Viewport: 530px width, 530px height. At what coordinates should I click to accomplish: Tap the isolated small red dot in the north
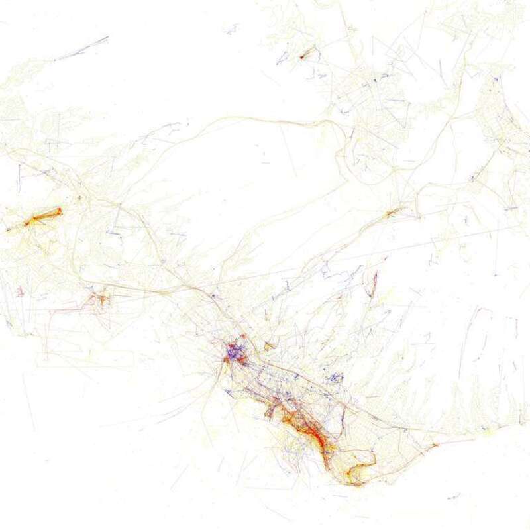tap(302, 56)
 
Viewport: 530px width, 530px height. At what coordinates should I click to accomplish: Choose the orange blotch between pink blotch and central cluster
tap(101, 298)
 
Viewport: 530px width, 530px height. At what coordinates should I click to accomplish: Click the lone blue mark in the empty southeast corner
tap(454, 496)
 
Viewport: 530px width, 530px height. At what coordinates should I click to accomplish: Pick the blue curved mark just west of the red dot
tap(281, 63)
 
